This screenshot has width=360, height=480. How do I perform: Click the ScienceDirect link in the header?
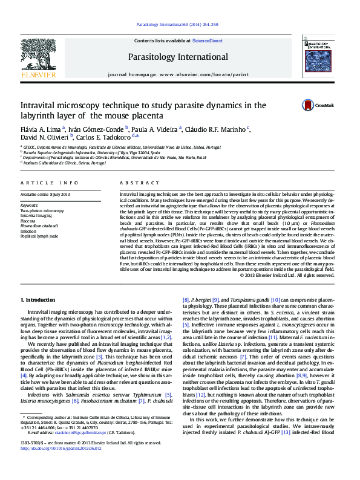click(x=208, y=41)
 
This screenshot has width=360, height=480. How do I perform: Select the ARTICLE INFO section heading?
click(x=49, y=183)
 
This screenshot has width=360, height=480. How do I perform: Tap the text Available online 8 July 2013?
click(x=45, y=194)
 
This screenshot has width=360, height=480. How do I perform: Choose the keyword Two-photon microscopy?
click(x=42, y=210)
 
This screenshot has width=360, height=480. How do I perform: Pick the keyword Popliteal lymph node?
click(x=40, y=236)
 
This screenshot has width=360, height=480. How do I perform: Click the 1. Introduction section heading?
click(x=38, y=300)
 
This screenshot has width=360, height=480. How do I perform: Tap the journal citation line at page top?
click(x=177, y=25)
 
